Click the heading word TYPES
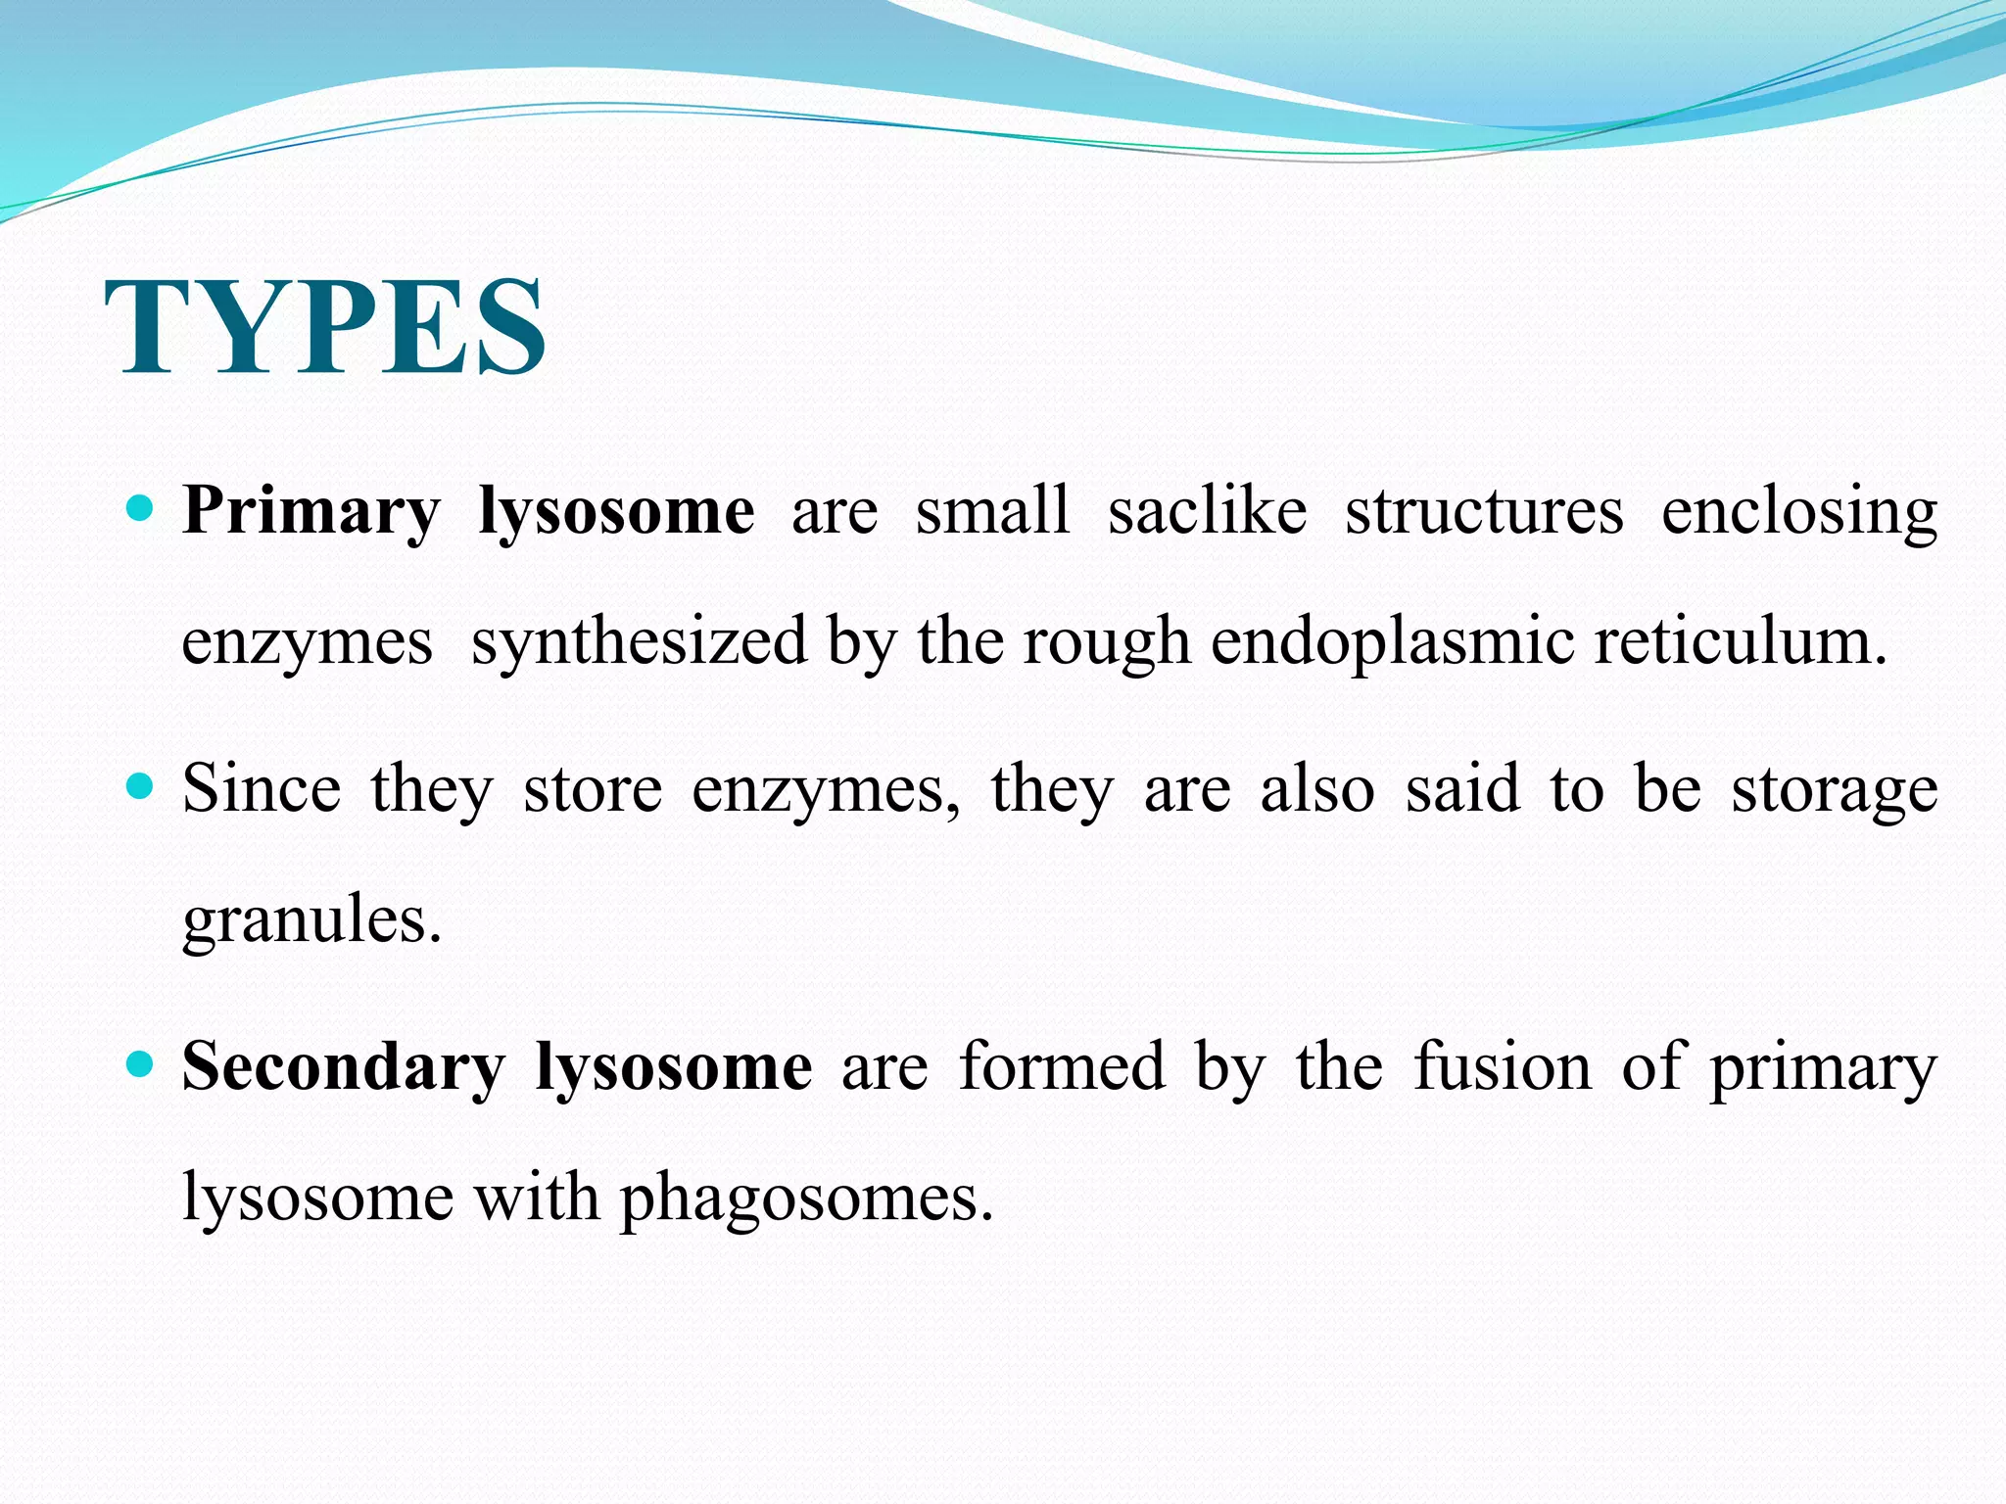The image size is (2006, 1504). coord(325,327)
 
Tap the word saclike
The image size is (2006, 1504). coord(1207,511)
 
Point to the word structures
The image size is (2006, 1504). coord(1484,511)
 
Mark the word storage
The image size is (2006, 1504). coord(1835,791)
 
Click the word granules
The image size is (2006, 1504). coord(311,920)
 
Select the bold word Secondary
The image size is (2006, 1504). coord(344,1067)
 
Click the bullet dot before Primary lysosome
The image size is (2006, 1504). coord(141,509)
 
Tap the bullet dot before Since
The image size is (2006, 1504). coord(141,786)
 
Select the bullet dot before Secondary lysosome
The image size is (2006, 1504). coord(141,1064)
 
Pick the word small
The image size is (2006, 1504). coord(992,511)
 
